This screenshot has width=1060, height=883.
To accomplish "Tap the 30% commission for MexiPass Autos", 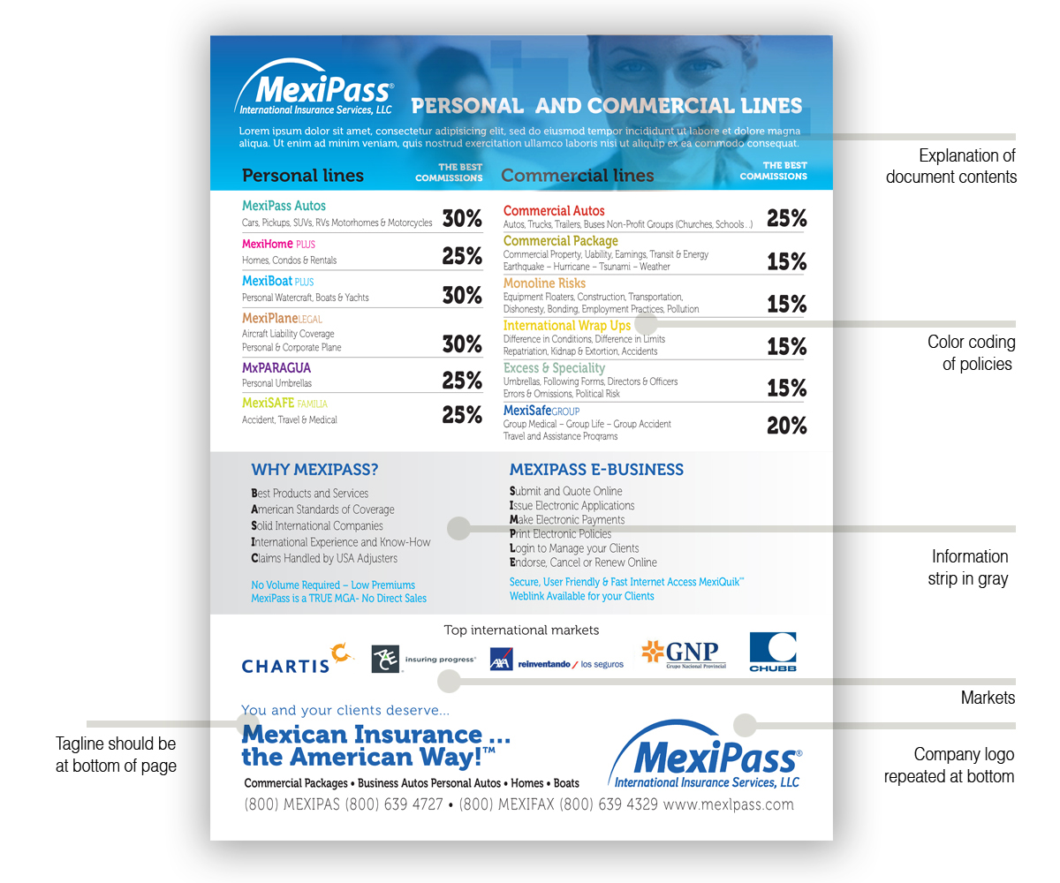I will pyautogui.click(x=462, y=219).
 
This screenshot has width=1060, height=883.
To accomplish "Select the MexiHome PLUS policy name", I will pyautogui.click(x=278, y=244).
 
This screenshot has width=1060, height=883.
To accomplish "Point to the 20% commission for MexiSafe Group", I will pyautogui.click(x=786, y=426).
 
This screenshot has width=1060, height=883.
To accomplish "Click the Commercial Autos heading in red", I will pyautogui.click(x=554, y=211).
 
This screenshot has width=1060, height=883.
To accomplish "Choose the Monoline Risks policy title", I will pyautogui.click(x=544, y=283).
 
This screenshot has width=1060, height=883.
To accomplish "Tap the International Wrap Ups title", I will pyautogui.click(x=567, y=326).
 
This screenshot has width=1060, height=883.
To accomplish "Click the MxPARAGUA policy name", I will pyautogui.click(x=276, y=367).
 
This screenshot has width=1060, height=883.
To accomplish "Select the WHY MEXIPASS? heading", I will pyautogui.click(x=314, y=470).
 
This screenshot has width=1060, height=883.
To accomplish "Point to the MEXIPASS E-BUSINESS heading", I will pyautogui.click(x=596, y=470).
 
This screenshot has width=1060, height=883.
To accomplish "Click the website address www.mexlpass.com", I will pyautogui.click(x=728, y=804).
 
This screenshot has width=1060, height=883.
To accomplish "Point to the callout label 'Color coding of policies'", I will pyautogui.click(x=971, y=352).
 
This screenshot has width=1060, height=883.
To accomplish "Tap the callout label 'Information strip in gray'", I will pyautogui.click(x=969, y=567).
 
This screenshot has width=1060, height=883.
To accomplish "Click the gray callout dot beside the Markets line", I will pyautogui.click(x=450, y=681).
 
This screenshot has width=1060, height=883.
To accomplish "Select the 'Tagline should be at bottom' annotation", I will pyautogui.click(x=116, y=755).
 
